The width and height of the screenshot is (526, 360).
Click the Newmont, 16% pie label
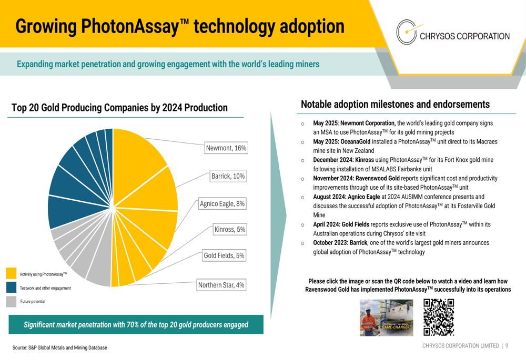point(226,148)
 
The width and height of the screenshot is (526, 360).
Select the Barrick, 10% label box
point(228,176)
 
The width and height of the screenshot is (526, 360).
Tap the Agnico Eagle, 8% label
point(222,203)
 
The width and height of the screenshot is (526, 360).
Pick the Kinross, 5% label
point(230,229)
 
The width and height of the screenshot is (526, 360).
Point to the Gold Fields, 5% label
point(224,255)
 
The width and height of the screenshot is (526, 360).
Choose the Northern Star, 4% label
point(221,285)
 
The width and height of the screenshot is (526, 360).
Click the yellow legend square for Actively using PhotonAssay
point(11,273)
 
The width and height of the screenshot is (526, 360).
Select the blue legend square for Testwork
point(11,287)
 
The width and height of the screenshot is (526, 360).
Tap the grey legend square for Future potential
point(11,301)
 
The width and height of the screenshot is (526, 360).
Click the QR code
point(439,317)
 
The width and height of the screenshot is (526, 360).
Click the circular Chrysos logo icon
point(407,32)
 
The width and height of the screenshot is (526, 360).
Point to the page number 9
point(507,346)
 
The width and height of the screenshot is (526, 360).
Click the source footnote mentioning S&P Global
point(60,347)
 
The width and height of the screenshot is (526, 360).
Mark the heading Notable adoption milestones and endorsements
point(395,104)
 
